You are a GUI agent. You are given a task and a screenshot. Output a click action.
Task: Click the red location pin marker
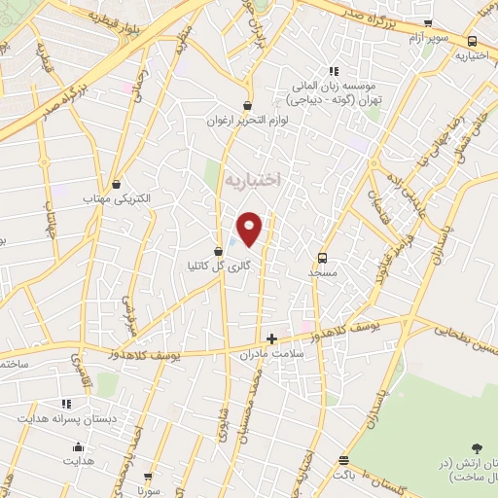point(250,228)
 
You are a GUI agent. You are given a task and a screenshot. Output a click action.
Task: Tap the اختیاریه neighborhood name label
point(251,179)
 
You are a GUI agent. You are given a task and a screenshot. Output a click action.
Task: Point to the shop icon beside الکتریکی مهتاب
point(117,183)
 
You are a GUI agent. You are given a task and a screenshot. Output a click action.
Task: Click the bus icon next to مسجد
point(322,258)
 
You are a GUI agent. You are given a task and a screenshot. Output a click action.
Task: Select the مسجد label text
point(322,274)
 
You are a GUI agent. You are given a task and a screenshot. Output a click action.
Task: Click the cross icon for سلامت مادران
point(271,339)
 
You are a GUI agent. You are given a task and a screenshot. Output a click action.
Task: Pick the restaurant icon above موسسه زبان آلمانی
point(334,71)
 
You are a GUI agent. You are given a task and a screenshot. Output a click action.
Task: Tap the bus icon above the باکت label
point(343,460)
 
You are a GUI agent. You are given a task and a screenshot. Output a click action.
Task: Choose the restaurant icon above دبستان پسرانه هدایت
point(66,403)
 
